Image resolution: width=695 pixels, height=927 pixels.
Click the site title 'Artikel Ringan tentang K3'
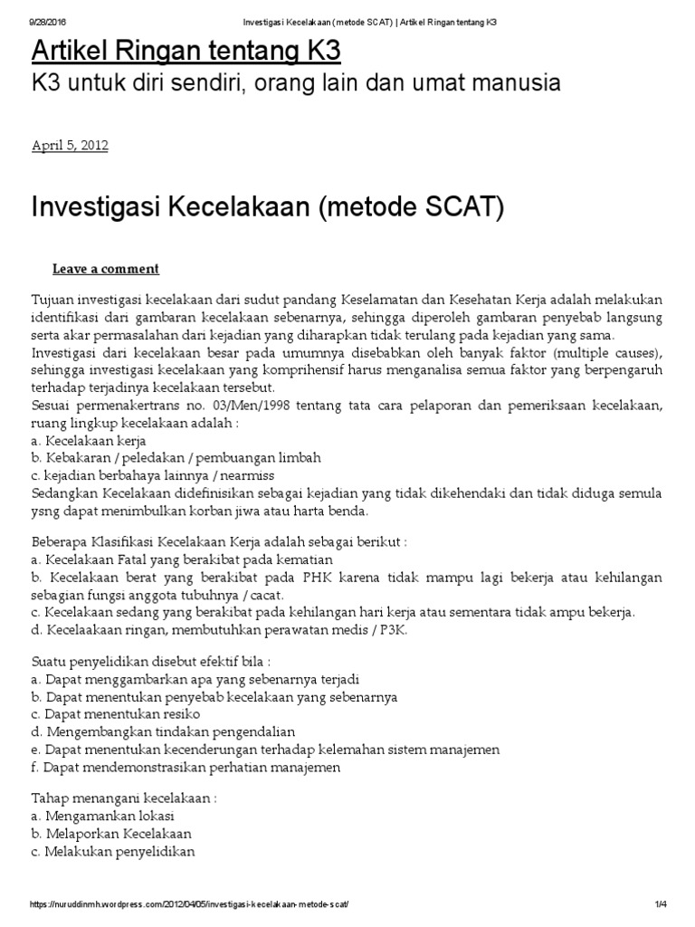[186, 50]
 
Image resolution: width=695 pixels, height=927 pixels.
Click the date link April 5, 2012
[70, 145]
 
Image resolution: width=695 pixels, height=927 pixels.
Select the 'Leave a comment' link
[106, 269]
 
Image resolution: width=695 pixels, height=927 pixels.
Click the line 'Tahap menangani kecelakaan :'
[124, 799]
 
